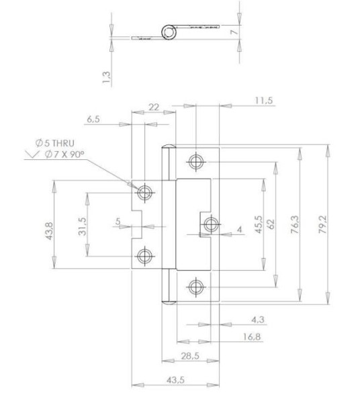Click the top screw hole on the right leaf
[195, 161]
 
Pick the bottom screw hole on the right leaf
[195, 287]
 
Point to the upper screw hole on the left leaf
[143, 193]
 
